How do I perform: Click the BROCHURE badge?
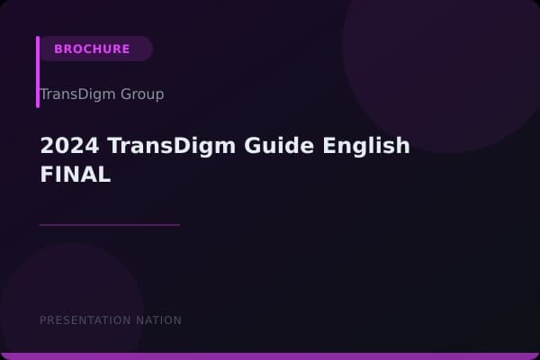coord(93,49)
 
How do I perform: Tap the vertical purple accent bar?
coord(38,72)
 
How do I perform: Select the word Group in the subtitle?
coord(141,94)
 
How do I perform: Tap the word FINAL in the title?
coord(75,175)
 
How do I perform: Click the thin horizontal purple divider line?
coord(109,225)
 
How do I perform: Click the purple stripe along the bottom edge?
coord(270,356)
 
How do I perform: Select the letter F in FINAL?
coord(46,175)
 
